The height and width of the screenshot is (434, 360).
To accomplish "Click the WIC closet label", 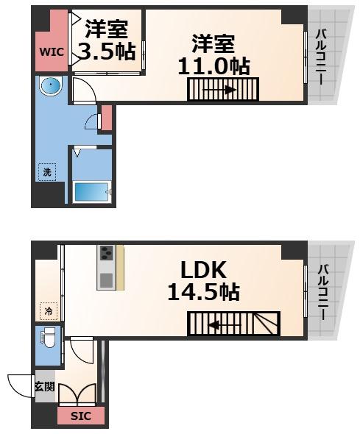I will click(x=50, y=52).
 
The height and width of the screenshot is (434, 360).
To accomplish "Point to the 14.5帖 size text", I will click(x=202, y=293).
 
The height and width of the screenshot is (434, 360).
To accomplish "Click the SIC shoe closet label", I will click(x=80, y=416).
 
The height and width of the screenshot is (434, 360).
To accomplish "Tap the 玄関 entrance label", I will click(x=43, y=386).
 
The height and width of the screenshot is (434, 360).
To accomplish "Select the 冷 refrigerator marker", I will click(x=48, y=312).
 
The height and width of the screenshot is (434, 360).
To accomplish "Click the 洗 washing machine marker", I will click(x=46, y=172).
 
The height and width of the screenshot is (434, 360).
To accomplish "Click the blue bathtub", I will click(x=93, y=192).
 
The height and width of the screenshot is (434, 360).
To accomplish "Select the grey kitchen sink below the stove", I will click(x=106, y=280).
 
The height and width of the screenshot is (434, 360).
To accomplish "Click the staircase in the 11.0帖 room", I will click(x=219, y=90).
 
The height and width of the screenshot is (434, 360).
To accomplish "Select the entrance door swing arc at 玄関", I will click(x=20, y=385).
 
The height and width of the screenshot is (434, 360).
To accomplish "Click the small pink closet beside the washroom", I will click(x=106, y=118).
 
